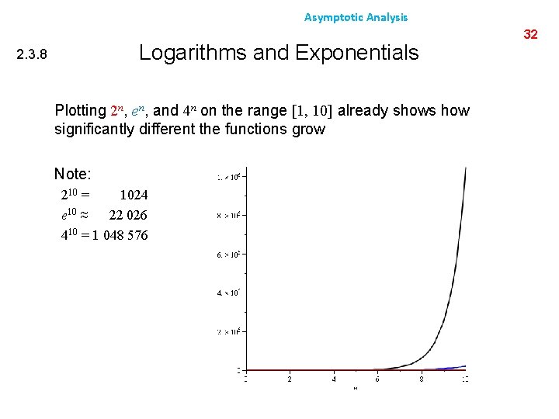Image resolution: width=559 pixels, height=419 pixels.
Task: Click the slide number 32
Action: coord(531,34)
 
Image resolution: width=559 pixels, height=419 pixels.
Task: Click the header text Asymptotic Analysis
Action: coord(356,17)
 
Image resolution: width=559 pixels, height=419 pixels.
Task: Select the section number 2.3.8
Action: coord(32,55)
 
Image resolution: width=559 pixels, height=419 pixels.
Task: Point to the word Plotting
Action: coord(80,110)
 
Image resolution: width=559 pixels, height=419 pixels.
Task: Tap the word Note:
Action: coord(73,175)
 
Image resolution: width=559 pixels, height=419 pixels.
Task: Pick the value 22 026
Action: coord(128,215)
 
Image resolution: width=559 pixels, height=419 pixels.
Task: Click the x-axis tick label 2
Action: coord(290,379)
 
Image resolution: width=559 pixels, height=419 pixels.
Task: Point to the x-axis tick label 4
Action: coord(334,379)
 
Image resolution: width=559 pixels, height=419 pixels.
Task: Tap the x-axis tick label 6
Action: coord(377,379)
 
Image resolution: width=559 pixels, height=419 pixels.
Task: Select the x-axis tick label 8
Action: coord(422,379)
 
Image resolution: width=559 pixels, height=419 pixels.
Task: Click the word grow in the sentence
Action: coord(308,129)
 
